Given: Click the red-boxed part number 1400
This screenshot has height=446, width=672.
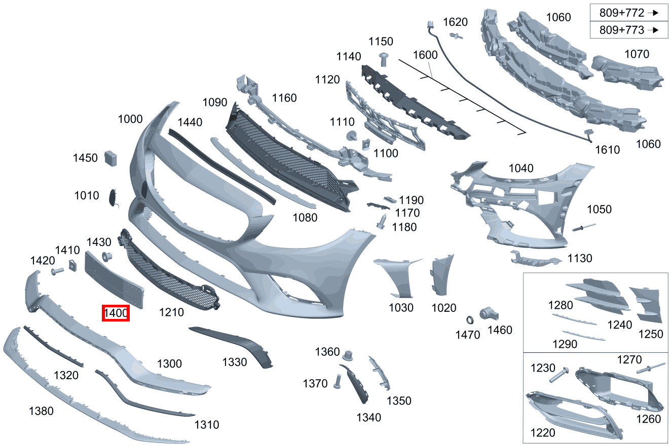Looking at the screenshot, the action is pos(116,313).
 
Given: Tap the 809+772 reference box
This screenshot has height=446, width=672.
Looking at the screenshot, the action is pos(629,13).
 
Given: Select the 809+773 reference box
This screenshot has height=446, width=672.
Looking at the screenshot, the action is pos(629,30).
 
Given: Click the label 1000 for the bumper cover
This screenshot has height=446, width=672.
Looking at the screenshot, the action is pos(130,119).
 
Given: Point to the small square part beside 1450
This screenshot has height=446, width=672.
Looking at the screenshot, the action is pos(110,158).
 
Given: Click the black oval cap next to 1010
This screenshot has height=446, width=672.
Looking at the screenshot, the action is pos(113,197).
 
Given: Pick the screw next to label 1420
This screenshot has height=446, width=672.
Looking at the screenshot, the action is pos(57,271).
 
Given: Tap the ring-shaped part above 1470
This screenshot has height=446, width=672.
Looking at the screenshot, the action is pos(470,320).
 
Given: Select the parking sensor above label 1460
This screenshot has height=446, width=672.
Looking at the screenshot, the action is pos(489,314).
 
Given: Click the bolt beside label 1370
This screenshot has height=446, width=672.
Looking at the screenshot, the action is pos(338,382).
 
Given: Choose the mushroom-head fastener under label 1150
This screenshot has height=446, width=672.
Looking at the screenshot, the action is pos(384,60).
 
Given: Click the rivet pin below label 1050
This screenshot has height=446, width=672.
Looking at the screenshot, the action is pos(584,227).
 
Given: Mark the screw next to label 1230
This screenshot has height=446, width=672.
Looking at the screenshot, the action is pos(559,375).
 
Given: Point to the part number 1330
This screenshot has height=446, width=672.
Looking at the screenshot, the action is pos(235,362).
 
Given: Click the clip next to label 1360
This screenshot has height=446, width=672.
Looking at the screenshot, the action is pos(348,355).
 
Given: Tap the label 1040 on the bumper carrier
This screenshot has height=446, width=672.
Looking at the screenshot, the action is pos(521,168).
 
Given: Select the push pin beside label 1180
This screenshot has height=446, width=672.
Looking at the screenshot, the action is pos(382,222).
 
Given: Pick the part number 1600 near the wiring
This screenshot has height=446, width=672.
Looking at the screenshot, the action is pos(425,55).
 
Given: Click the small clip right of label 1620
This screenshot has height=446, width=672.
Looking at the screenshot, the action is pos(456,37).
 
